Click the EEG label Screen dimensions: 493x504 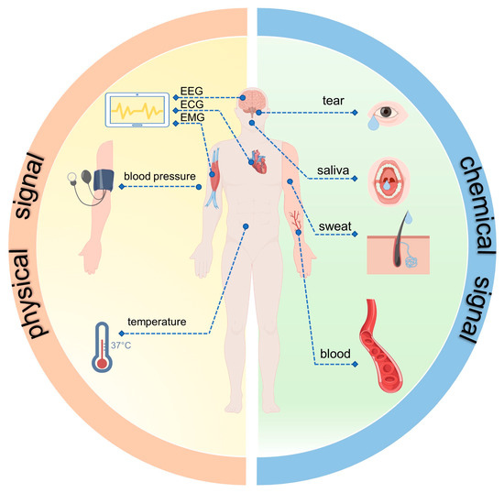[x=192, y=93]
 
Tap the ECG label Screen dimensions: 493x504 [x=192, y=106]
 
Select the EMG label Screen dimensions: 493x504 [x=192, y=119]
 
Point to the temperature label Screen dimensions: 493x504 [x=157, y=323]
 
